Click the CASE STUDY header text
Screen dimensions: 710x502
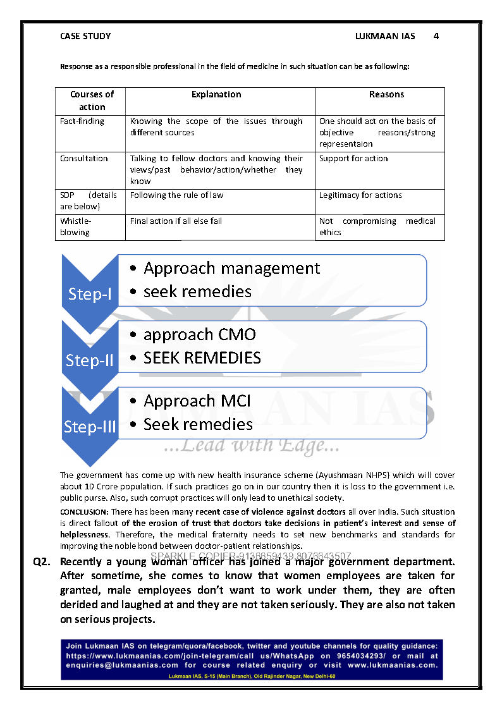(x=85, y=37)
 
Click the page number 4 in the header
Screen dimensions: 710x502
(x=436, y=37)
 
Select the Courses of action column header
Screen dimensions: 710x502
(x=92, y=101)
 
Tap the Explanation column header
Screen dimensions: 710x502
(x=216, y=95)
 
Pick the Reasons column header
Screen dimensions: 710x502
(x=386, y=95)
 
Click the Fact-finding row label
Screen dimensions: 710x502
(x=82, y=121)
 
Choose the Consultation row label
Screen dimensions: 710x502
(x=84, y=159)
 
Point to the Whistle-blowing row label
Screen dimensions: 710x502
(x=75, y=227)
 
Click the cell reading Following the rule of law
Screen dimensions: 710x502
(x=177, y=195)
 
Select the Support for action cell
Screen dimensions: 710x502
(x=353, y=159)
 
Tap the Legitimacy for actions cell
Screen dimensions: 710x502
(x=360, y=195)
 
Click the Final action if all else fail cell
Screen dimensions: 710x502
(x=176, y=221)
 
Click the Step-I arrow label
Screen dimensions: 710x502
(x=90, y=295)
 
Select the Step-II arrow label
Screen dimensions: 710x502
(x=90, y=360)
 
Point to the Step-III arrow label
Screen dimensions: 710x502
(x=90, y=427)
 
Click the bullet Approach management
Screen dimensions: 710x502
(x=231, y=269)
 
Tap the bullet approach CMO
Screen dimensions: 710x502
(x=199, y=335)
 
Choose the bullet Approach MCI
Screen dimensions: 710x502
(x=197, y=401)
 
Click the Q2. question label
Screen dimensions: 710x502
(x=42, y=562)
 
